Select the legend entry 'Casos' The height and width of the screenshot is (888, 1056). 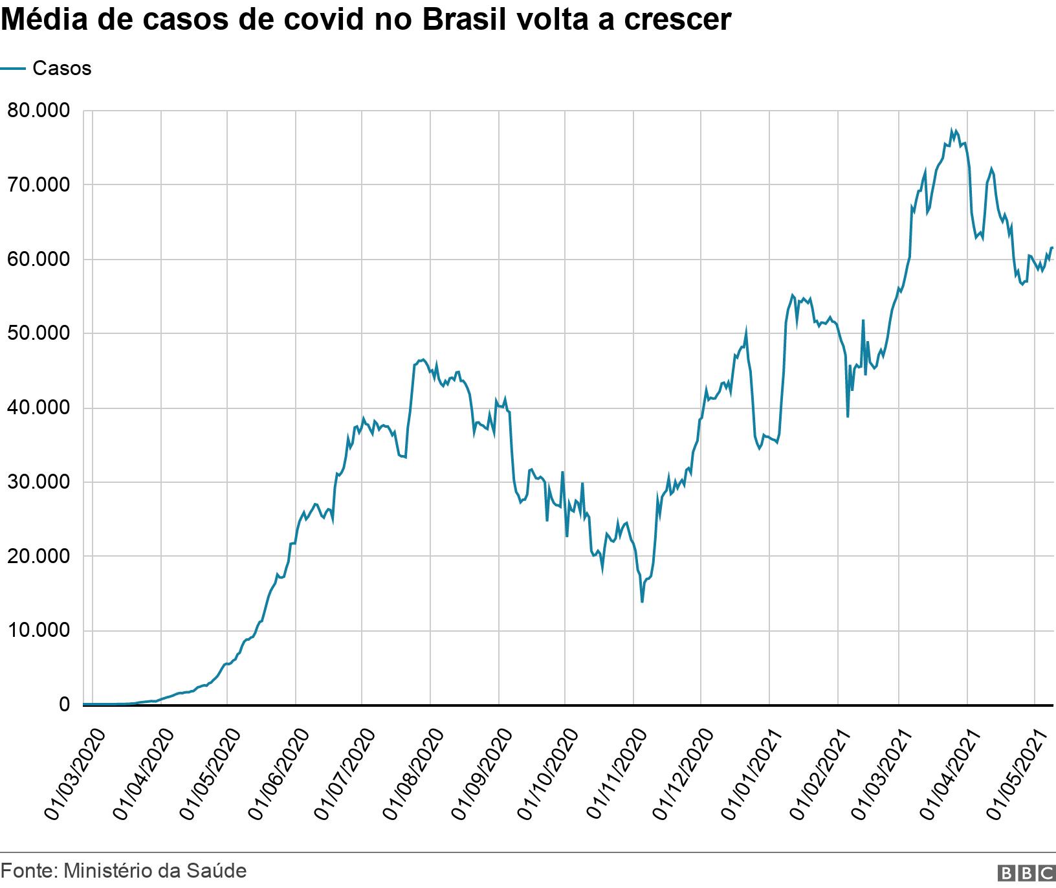pos(61,69)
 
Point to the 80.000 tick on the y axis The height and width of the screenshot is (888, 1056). pos(38,111)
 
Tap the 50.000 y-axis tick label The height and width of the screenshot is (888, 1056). pos(38,333)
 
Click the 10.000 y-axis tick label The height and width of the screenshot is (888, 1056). pos(38,630)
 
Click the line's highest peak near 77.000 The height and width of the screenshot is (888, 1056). pos(952,130)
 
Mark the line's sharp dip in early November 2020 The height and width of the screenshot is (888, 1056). pos(642,602)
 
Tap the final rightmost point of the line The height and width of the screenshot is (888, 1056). pos(1053,248)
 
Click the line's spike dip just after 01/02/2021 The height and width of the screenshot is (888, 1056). pos(848,416)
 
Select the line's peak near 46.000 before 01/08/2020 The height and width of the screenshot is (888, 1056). pos(421,360)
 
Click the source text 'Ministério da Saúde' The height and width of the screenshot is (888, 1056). pos(155,871)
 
